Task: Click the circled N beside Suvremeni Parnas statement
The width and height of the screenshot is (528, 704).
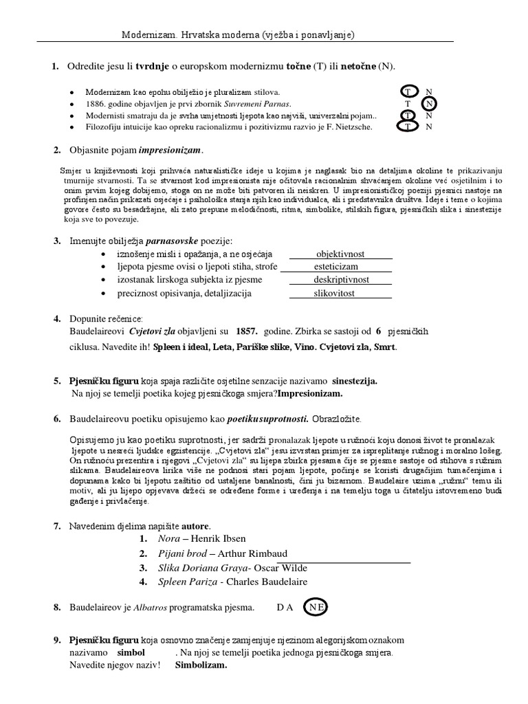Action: pos(429,104)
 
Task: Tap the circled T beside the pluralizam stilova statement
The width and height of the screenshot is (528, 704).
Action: pos(408,91)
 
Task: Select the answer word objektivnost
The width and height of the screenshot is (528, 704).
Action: pos(340,254)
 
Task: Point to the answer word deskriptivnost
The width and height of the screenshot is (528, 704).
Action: pos(341,280)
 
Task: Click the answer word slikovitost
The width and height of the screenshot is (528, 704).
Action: pos(339,294)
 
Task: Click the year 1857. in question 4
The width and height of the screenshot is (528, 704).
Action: pos(246,331)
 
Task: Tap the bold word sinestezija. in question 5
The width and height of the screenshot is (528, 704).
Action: pos(355,380)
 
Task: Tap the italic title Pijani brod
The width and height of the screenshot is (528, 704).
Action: pos(181,553)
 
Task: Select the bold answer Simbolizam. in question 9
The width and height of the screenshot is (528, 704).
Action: pos(201,665)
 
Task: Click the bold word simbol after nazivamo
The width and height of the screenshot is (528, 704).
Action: pos(131,652)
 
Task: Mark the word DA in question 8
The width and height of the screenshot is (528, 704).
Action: pos(285,608)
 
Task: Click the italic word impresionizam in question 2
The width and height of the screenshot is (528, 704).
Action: pos(170,151)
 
